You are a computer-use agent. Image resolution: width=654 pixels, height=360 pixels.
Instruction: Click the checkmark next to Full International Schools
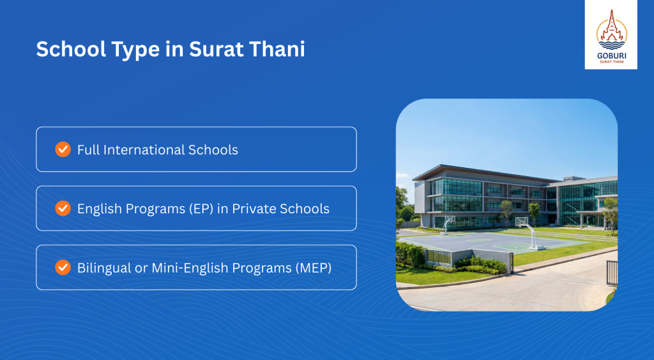[x=63, y=149]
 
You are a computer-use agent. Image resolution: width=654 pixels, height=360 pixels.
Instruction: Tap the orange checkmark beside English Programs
[x=63, y=208]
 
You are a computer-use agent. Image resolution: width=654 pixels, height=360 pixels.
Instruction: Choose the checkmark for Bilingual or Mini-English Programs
[x=63, y=267]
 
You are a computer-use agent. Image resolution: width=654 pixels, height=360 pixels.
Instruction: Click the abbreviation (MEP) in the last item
[x=314, y=267]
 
